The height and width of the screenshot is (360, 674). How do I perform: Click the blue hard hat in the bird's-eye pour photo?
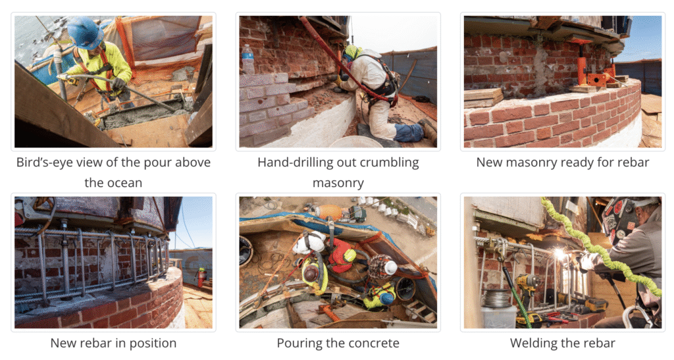85,33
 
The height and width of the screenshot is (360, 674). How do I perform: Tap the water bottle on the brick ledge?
247,59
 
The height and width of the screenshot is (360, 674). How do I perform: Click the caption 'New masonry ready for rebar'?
563,163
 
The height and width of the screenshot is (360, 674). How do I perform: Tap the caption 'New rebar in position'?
113,343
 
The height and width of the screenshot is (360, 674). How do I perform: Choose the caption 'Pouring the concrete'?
338,343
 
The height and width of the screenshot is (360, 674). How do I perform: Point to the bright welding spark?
560,254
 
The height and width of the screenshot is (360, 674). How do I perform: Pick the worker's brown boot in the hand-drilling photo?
428,130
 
